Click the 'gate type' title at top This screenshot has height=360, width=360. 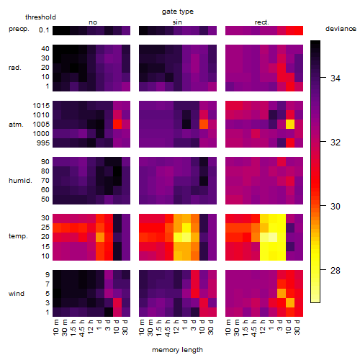pos(178,12)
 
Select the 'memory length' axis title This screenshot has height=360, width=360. pos(177,350)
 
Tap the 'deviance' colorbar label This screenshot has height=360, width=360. pos(341,29)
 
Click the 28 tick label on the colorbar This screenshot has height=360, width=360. pos(336,271)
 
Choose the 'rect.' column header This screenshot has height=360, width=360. pos(262,22)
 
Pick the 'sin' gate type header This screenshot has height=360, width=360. pos(177,22)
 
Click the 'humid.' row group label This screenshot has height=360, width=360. pos(20,181)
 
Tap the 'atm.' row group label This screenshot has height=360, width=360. pos(16,125)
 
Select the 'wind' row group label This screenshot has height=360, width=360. pos(17,294)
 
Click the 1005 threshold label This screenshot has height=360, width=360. pos(41,125)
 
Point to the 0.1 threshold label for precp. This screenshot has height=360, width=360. pos(44,30)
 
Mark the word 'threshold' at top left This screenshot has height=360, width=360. pos(40,17)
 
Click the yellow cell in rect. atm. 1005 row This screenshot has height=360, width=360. pos(290,124)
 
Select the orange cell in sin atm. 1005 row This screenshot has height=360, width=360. pos(204,124)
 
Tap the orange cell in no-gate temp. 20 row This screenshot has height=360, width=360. pos(100,237)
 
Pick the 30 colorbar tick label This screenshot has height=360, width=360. pos(336,207)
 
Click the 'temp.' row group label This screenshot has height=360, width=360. pos(18,236)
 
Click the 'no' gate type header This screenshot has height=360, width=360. pos(93,22)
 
